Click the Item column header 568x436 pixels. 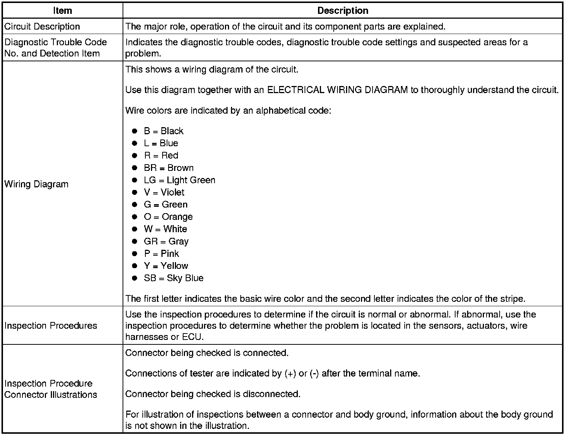pyautogui.click(x=62, y=10)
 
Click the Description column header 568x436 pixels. pyautogui.click(x=343, y=10)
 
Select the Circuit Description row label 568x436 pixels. pyautogui.click(x=42, y=27)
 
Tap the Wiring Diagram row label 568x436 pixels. pyautogui.click(x=36, y=184)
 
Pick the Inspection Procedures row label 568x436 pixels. pyautogui.click(x=51, y=325)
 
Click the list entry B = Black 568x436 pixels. pyautogui.click(x=163, y=131)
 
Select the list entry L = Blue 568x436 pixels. pyautogui.click(x=161, y=143)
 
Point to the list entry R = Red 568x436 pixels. pyautogui.click(x=161, y=156)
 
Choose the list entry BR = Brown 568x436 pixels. pyautogui.click(x=169, y=168)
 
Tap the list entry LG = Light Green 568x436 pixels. pyautogui.click(x=179, y=180)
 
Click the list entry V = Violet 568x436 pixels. pyautogui.click(x=164, y=192)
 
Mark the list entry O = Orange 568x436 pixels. pyautogui.click(x=168, y=217)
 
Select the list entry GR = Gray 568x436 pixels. pyautogui.click(x=166, y=241)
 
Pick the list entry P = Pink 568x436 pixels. pyautogui.click(x=161, y=254)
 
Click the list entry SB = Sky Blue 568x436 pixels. pyautogui.click(x=173, y=278)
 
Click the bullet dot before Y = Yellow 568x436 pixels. pyautogui.click(x=135, y=266)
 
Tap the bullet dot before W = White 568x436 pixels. pyautogui.click(x=135, y=229)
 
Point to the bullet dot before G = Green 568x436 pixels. pyautogui.click(x=135, y=205)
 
